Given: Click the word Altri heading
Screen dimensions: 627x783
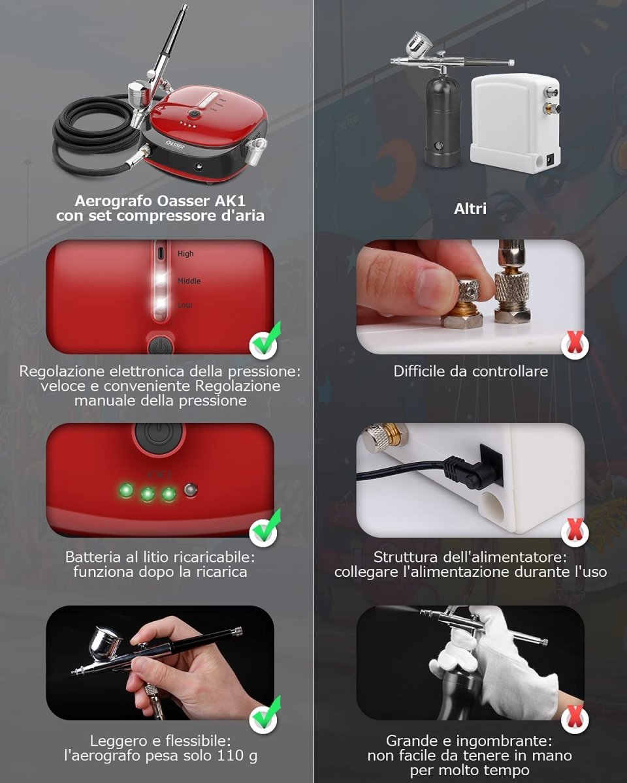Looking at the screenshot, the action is (x=470, y=209).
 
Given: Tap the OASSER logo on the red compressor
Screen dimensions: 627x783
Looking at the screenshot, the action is (x=175, y=144).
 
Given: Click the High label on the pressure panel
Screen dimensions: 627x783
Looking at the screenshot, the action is (x=185, y=254).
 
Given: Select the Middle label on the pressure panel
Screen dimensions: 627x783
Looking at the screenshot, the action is (x=189, y=281).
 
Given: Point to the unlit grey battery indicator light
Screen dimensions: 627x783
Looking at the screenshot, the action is (x=191, y=490).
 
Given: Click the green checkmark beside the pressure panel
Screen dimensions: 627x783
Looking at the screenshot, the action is (x=265, y=341).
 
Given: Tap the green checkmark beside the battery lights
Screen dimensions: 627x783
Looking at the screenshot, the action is (x=265, y=529).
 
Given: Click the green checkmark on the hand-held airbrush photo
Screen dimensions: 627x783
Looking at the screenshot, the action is (x=265, y=715).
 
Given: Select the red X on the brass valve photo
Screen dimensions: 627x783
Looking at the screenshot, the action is (x=575, y=345).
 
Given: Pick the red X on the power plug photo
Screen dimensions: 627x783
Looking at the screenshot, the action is (x=575, y=532).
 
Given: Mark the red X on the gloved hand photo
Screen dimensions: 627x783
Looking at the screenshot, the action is (x=575, y=719).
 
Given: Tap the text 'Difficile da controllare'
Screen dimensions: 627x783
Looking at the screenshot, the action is (x=470, y=371).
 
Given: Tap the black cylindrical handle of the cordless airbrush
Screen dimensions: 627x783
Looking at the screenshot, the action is (x=443, y=121).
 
